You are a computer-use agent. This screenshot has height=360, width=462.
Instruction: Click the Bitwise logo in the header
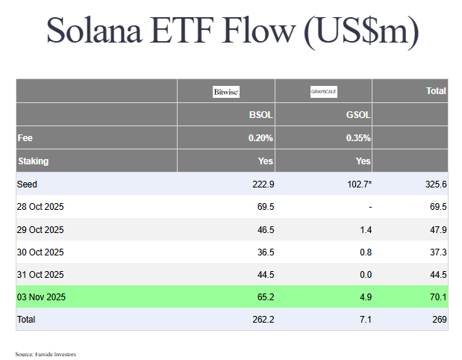[225, 92]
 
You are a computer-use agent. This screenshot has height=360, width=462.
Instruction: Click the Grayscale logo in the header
[324, 92]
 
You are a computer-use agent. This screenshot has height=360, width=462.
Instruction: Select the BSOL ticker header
[260, 116]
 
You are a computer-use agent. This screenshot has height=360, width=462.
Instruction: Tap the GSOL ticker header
[358, 116]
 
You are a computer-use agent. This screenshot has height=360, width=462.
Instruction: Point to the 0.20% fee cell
[260, 138]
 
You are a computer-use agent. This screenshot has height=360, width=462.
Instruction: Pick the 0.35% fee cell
[358, 138]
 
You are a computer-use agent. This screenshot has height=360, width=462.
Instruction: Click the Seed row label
[27, 184]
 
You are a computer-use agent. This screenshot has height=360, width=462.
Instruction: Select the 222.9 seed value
[263, 184]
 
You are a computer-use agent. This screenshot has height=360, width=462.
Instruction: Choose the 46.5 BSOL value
[265, 229]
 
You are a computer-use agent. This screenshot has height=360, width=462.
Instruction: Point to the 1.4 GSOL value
[365, 229]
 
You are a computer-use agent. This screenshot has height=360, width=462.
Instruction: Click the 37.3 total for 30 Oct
[438, 252]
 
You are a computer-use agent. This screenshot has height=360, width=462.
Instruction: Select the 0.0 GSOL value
[365, 274]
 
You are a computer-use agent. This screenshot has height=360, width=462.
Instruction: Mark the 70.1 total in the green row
[438, 297]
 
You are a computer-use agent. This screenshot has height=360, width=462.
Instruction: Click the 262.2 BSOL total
[263, 319]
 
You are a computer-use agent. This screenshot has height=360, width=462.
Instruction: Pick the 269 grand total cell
[440, 319]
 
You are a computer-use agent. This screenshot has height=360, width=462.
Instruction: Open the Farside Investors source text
[46, 354]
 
